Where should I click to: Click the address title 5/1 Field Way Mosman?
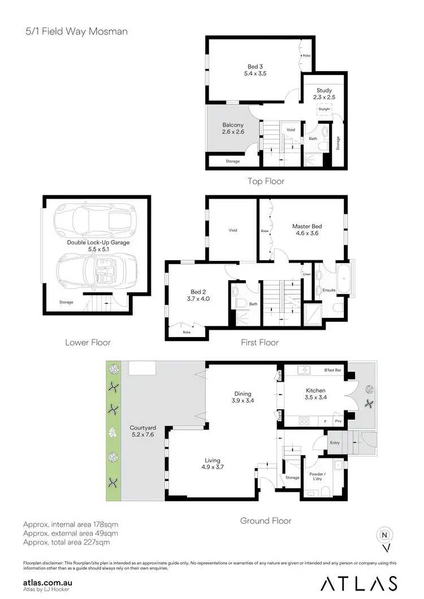pyautogui.click(x=76, y=31)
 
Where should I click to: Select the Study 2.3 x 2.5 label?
pyautogui.click(x=324, y=94)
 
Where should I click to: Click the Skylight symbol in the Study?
pyautogui.click(x=323, y=110)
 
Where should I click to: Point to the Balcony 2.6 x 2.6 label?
pyautogui.click(x=233, y=128)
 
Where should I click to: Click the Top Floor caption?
pyautogui.click(x=266, y=181)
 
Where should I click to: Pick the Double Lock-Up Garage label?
pyautogui.click(x=98, y=246)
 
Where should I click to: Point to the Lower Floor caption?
pyautogui.click(x=88, y=342)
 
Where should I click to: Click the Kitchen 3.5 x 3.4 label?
pyautogui.click(x=316, y=393)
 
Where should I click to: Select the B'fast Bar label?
pyautogui.click(x=330, y=371)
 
